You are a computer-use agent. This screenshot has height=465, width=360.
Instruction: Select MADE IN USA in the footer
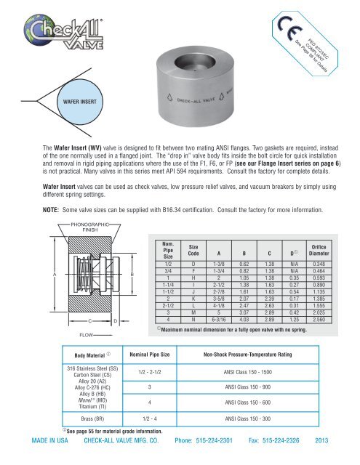click(x=48, y=459)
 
